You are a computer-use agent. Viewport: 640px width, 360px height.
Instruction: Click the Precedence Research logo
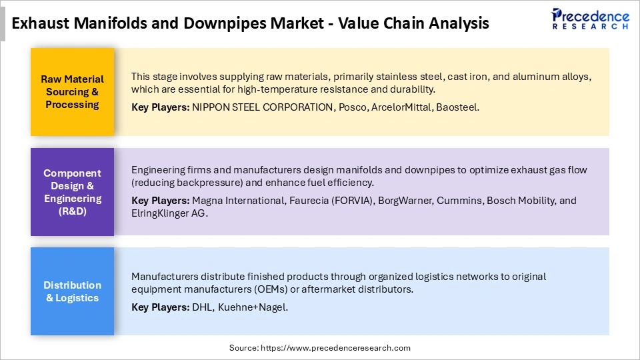[591, 19]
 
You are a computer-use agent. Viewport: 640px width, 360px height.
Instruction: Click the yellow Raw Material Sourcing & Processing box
[72, 92]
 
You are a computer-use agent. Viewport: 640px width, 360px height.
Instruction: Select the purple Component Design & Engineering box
[72, 192]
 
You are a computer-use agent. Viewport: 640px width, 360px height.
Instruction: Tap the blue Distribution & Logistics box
[72, 291]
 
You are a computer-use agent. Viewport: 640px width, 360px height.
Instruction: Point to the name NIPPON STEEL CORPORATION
[263, 107]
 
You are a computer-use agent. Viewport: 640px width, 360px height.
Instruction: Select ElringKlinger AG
[169, 214]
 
